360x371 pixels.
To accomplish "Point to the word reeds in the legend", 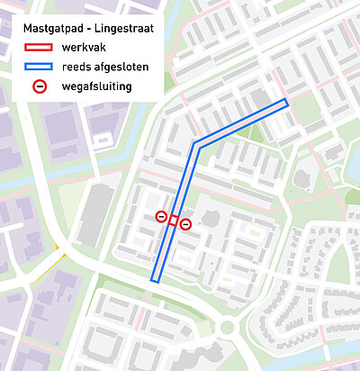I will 76,68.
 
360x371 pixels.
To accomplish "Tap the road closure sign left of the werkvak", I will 161,216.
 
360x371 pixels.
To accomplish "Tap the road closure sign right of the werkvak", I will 185,223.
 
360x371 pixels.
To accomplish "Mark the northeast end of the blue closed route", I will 286,103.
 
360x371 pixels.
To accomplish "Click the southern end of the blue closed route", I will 155,280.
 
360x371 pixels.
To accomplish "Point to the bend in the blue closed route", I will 194,144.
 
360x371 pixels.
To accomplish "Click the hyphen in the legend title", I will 87,29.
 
